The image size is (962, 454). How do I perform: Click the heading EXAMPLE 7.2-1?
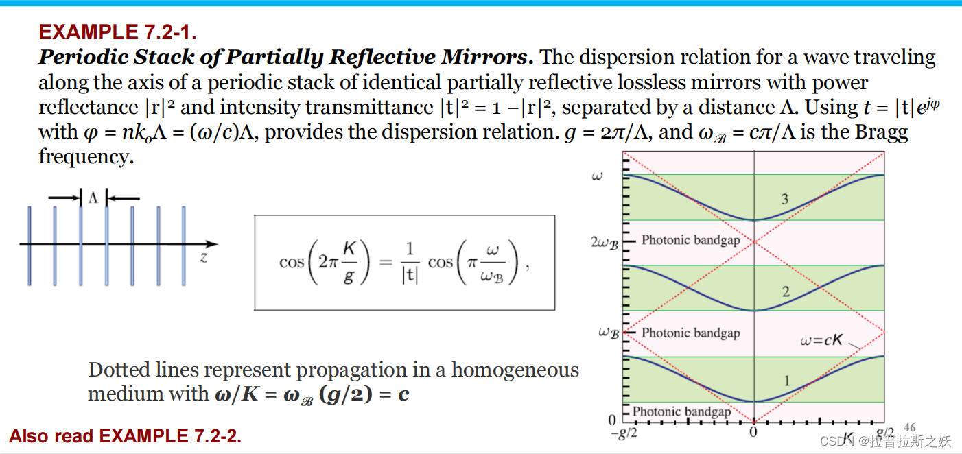[118, 32]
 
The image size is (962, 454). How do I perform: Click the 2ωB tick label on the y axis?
[605, 243]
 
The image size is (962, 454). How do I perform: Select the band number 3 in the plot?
[784, 200]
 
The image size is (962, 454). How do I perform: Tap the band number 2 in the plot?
[786, 291]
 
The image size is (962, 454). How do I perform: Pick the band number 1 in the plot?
[786, 381]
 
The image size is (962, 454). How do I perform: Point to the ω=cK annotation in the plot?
[821, 339]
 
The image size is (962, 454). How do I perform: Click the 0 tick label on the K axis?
[753, 433]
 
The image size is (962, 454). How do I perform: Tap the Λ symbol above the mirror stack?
[93, 198]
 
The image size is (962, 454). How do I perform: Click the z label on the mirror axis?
[204, 258]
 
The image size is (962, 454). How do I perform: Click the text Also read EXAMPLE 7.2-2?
[126, 435]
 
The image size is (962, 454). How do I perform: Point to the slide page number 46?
[910, 427]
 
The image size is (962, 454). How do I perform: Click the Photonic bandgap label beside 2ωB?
[690, 241]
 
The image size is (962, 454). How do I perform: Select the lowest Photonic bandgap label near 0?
[681, 411]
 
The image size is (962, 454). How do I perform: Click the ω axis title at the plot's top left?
[596, 177]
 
